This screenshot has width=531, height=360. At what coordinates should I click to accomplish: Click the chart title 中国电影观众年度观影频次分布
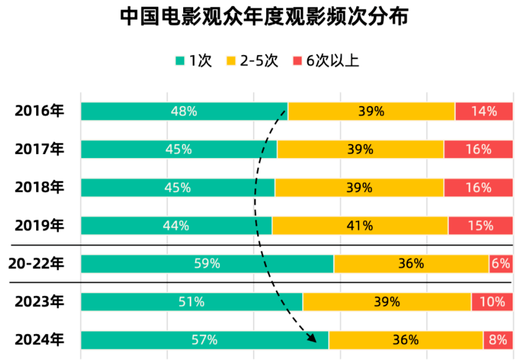coord(265,17)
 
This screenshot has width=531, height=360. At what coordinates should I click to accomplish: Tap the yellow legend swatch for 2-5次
coord(232,60)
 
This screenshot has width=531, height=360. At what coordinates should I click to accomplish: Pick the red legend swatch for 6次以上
coord(298,60)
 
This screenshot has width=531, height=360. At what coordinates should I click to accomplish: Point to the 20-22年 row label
coord(36,263)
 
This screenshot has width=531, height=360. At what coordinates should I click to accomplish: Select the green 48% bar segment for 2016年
coord(184,111)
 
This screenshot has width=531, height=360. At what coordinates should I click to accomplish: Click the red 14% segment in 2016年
coord(484,111)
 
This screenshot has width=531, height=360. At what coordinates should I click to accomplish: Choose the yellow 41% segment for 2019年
coord(360,226)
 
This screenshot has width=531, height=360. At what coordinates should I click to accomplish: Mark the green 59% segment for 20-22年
coord(207,263)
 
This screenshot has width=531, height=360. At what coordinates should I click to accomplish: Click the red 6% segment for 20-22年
coord(501,263)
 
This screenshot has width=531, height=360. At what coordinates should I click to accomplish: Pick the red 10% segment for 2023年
coord(492,302)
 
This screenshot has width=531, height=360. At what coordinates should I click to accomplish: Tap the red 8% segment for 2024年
coord(498,340)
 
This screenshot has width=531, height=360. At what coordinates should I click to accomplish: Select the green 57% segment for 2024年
coord(204,340)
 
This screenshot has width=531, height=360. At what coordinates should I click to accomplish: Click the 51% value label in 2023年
coord(191,302)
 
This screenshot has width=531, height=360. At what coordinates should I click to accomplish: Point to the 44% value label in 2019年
coord(176,226)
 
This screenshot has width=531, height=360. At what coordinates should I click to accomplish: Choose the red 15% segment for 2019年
coord(480,226)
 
